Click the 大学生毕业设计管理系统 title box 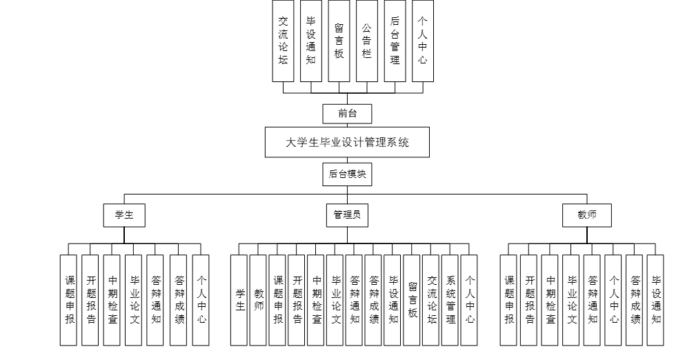347,143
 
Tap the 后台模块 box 347,175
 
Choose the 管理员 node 347,215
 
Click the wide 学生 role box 124,215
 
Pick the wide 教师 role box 587,215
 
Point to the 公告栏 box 367,41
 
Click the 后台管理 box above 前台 395,41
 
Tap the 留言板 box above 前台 339,41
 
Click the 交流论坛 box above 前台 283,41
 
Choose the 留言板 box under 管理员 412,300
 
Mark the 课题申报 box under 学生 70,300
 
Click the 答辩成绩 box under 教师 635,300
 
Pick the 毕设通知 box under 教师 656,300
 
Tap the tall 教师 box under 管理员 259,300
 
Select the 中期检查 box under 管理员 316,300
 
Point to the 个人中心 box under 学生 201,300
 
